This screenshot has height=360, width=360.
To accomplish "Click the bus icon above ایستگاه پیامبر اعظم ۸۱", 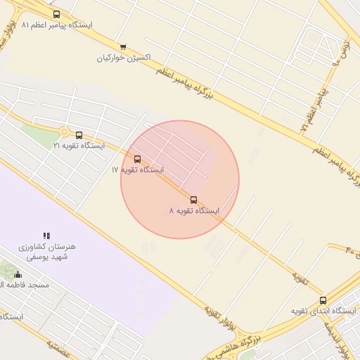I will (x=56, y=14).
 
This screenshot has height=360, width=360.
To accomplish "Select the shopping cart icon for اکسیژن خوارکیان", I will (x=123, y=46).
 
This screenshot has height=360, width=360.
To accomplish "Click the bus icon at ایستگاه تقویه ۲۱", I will (x=79, y=135).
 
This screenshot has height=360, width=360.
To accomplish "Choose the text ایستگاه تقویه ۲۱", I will (x=78, y=146).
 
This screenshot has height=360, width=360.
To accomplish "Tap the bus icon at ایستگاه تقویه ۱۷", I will (x=137, y=160).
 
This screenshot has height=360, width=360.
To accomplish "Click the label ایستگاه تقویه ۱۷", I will (x=137, y=170).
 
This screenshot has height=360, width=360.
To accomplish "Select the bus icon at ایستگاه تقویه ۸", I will (x=194, y=200).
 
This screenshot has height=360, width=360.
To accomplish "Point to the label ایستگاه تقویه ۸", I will (x=193, y=211).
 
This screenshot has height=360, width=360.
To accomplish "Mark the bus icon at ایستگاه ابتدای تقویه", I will (x=323, y=300).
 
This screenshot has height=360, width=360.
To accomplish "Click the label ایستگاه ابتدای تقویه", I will (x=323, y=311).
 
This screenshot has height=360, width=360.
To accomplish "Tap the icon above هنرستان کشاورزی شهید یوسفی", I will (x=46, y=236).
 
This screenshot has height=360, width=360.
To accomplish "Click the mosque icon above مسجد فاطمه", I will (x=18, y=274).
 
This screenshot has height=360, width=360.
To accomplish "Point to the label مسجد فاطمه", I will (x=25, y=285).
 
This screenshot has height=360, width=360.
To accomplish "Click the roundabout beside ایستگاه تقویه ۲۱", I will (x=64, y=131).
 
